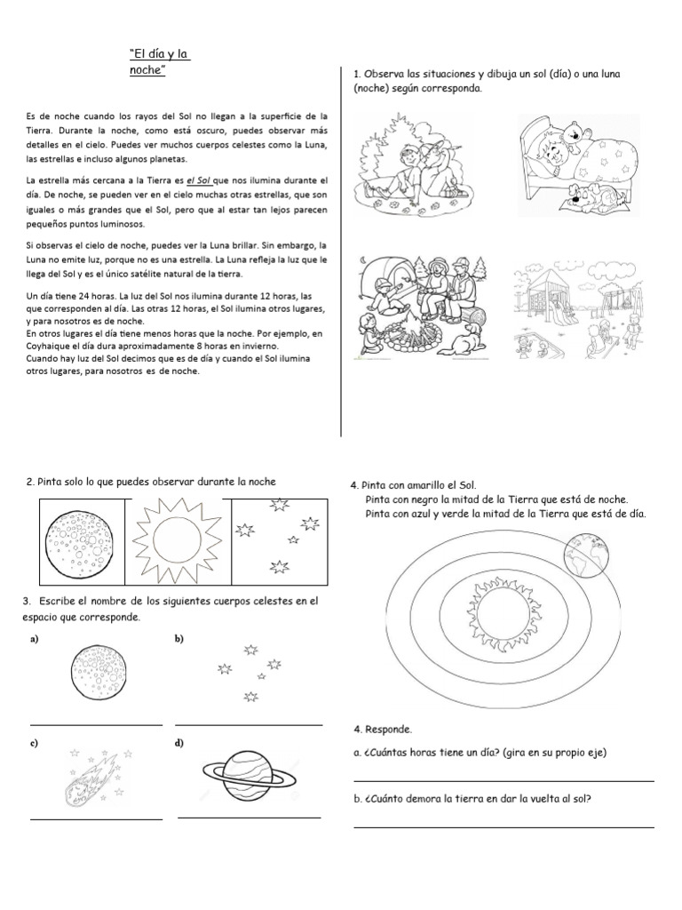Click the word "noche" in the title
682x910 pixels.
point(148,70)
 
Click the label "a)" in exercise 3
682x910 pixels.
point(35,639)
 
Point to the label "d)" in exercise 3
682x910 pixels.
point(180,742)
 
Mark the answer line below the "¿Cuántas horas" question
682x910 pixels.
point(504,781)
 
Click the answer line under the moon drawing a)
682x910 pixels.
point(97,725)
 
